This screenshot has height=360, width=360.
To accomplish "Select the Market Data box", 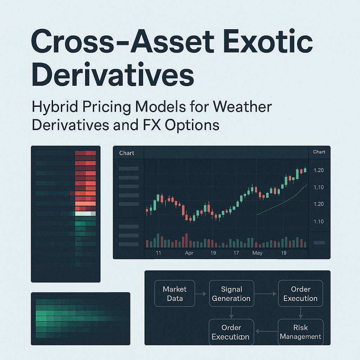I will point(175,294).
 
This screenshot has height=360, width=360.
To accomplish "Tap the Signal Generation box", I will point(231,294).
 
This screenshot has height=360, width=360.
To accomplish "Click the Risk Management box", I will point(301,332).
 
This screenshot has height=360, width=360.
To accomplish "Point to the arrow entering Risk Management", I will point(301,313).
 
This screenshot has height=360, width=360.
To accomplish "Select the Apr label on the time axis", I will point(189,253).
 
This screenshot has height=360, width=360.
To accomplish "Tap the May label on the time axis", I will point(257,253).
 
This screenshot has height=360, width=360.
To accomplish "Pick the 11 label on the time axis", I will point(158,253).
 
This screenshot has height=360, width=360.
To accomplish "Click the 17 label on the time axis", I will point(236,253).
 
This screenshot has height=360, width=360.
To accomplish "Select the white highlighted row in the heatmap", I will point(85,213).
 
